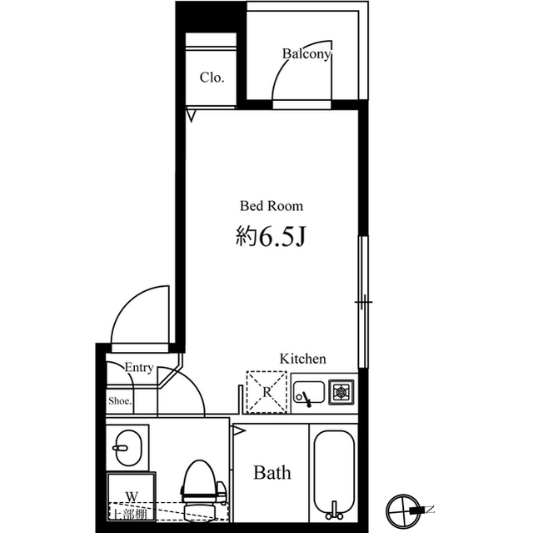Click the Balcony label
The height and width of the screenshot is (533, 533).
pyautogui.click(x=306, y=54)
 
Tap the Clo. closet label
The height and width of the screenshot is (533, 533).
pyautogui.click(x=212, y=78)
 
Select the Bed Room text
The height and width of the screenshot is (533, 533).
pyautogui.click(x=271, y=205)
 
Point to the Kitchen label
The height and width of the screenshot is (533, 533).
pyautogui.click(x=302, y=359)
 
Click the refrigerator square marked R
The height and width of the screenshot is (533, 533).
pyautogui.click(x=266, y=391)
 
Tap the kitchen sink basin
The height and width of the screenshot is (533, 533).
pyautogui.click(x=307, y=392)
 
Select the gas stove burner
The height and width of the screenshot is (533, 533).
pyautogui.click(x=341, y=391)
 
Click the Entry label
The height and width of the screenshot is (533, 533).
pyautogui.click(x=138, y=367)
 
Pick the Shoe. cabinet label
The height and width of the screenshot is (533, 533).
pyautogui.click(x=120, y=401)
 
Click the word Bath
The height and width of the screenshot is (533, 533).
pyautogui.click(x=272, y=474)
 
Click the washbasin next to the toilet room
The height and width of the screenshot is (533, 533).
pyautogui.click(x=127, y=450)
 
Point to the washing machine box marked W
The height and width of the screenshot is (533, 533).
pyautogui.click(x=130, y=495)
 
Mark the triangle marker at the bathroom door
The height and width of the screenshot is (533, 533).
pyautogui.click(x=239, y=432)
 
